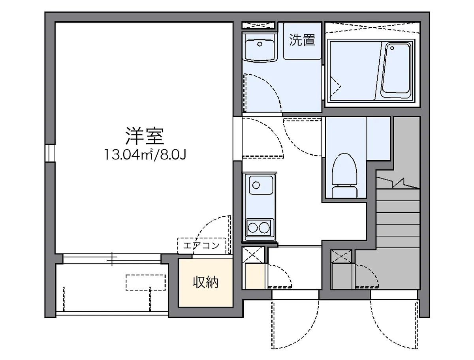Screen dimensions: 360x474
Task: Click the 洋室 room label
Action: click(x=145, y=137)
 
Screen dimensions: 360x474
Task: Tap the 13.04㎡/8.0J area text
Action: click(x=145, y=155)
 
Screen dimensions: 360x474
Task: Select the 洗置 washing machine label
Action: click(x=302, y=40)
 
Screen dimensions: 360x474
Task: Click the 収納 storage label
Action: click(x=205, y=282)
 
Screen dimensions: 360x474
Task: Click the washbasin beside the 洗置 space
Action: click(x=259, y=48)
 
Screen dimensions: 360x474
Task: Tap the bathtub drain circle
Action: click(x=392, y=48)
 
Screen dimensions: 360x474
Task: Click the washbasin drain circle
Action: click(x=260, y=44)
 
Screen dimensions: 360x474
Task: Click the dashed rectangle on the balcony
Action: click(x=145, y=282)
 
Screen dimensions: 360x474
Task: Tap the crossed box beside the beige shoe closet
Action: click(x=253, y=255)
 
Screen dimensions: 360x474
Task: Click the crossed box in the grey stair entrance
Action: click(x=341, y=256)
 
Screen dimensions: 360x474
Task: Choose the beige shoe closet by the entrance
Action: click(x=253, y=276)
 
